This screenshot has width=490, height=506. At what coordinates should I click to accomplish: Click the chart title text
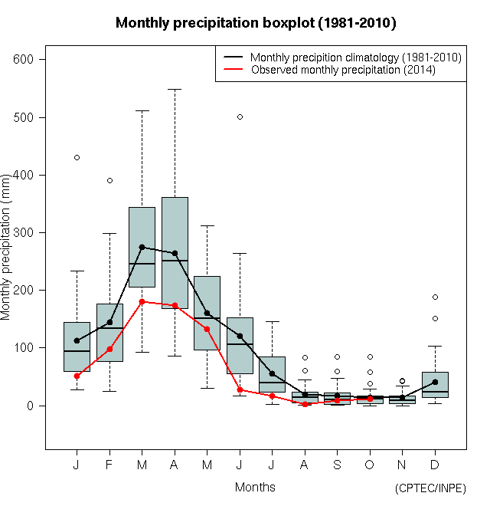pyautogui.click(x=256, y=23)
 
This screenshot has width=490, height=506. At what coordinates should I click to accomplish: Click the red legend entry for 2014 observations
pyautogui.click(x=342, y=70)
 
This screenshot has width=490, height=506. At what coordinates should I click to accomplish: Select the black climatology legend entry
pyautogui.click(x=356, y=57)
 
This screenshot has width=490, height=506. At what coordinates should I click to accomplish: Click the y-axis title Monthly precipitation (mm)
pyautogui.click(x=7, y=246)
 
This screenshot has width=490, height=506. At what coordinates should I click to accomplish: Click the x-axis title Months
pyautogui.click(x=255, y=487)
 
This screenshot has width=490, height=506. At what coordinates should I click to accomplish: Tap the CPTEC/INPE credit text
pyautogui.click(x=430, y=488)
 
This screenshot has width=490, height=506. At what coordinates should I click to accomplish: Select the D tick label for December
pyautogui.click(x=435, y=465)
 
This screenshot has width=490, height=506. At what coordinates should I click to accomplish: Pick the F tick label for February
pyautogui.click(x=109, y=465)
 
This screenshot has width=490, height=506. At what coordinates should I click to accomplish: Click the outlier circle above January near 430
pyautogui.click(x=77, y=157)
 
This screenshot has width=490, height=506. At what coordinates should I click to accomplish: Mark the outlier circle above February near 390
pyautogui.click(x=109, y=180)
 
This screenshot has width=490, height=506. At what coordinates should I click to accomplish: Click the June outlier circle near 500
pyautogui.click(x=240, y=117)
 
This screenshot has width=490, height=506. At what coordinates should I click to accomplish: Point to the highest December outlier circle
pyautogui.click(x=435, y=297)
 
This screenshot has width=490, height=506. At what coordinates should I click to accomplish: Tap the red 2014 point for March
pyautogui.click(x=142, y=301)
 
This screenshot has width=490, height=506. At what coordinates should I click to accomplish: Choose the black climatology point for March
pyautogui.click(x=142, y=247)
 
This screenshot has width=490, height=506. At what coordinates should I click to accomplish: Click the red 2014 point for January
pyautogui.click(x=77, y=376)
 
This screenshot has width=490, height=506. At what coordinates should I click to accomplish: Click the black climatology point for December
pyautogui.click(x=435, y=382)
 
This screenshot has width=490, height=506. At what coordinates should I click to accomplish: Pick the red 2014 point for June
pyautogui.click(x=240, y=389)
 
